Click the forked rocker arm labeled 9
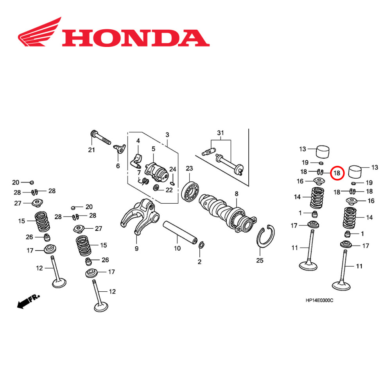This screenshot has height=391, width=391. click(139, 217)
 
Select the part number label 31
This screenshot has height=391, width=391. click(221, 134)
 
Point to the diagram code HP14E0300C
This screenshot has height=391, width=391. click(319, 300)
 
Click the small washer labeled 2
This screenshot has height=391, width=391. click(201, 245)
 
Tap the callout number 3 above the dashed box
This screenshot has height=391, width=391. click(167, 135)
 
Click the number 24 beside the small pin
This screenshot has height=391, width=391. click(173, 169)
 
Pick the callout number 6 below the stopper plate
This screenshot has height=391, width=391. click(118, 166)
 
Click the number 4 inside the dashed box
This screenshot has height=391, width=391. click(138, 141)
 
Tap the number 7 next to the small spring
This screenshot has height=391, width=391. click(138, 172)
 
